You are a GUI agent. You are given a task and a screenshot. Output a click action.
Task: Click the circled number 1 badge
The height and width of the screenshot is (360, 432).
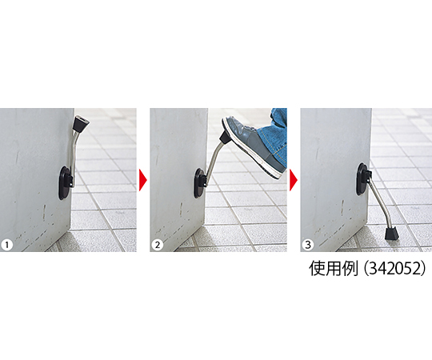coord(6,245)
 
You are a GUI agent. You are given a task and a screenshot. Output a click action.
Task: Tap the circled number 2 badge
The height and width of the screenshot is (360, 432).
coord(158,245)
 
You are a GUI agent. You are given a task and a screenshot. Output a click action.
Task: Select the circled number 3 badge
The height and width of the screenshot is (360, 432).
coord(308,245)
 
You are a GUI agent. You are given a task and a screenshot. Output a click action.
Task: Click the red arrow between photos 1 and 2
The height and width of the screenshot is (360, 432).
coord(143,180)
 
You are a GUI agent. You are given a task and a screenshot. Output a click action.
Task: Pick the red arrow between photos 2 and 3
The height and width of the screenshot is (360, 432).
coord(294,180)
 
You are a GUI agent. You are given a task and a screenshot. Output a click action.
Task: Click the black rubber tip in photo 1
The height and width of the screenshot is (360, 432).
coord(81,123)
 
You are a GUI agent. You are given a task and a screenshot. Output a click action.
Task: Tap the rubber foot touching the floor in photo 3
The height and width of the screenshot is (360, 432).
coord(390,234)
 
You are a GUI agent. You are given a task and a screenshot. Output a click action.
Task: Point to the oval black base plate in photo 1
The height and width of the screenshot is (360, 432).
coord(65,182)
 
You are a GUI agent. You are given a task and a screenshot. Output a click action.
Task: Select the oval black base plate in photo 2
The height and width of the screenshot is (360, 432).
coord(198,183)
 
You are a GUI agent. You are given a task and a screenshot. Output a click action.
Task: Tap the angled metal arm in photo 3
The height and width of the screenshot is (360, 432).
coord(379,201)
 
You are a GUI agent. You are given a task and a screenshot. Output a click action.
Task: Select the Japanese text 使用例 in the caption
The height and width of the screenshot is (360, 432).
coord(334,268)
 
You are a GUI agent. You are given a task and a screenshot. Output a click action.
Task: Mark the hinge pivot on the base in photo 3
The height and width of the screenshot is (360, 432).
coord(368,176)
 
